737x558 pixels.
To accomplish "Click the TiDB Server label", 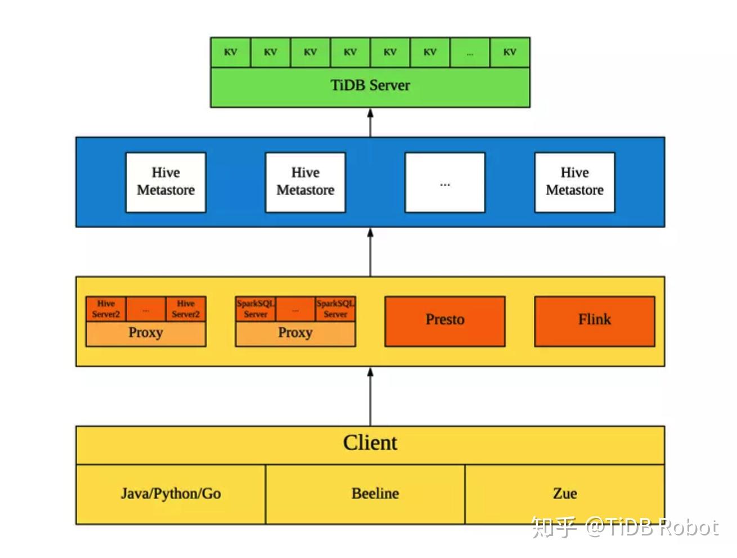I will pyautogui.click(x=370, y=85).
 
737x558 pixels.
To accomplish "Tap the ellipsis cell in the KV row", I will pyautogui.click(x=470, y=53).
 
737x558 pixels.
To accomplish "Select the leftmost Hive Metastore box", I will pyautogui.click(x=165, y=182).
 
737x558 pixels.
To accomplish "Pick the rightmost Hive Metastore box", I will pyautogui.click(x=574, y=182).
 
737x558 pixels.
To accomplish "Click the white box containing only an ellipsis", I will pyautogui.click(x=445, y=182).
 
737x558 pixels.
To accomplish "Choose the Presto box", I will pyautogui.click(x=444, y=321).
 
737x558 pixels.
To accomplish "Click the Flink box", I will pyautogui.click(x=594, y=321).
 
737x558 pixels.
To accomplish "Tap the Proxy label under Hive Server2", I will pyautogui.click(x=146, y=333).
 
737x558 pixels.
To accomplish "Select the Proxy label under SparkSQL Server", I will pyautogui.click(x=295, y=333).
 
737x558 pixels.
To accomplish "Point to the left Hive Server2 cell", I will pyautogui.click(x=106, y=309).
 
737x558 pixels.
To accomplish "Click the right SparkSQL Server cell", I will pyautogui.click(x=335, y=309).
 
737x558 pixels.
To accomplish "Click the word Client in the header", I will pyautogui.click(x=370, y=443).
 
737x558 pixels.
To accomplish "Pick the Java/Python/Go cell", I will pyautogui.click(x=170, y=494).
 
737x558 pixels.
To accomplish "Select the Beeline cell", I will pyautogui.click(x=375, y=494).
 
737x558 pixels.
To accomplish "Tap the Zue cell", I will pyautogui.click(x=565, y=494).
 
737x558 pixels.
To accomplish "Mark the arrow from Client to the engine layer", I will pyautogui.click(x=370, y=397).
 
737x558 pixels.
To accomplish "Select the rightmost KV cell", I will pyautogui.click(x=510, y=53).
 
